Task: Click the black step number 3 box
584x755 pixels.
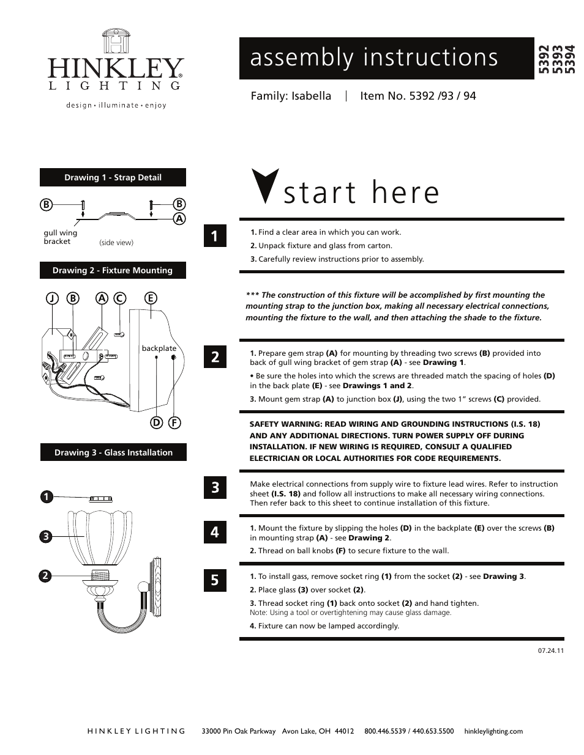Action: (215, 487)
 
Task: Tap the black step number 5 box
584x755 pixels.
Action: (215, 580)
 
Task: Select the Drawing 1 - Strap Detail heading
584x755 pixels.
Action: (113, 177)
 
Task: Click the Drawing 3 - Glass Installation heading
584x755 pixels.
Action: (113, 452)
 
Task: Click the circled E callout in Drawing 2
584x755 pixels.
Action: (150, 298)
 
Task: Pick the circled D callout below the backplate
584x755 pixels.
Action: (157, 422)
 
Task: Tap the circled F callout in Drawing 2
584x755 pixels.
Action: (174, 422)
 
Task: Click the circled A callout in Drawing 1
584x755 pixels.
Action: (179, 218)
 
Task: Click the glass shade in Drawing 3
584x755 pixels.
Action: (98, 535)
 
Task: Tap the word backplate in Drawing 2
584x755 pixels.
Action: (159, 348)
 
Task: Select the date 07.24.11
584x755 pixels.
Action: (550, 650)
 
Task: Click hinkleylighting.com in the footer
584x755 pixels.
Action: (493, 731)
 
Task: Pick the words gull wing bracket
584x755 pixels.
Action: (60, 237)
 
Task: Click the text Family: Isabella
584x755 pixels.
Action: (291, 96)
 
